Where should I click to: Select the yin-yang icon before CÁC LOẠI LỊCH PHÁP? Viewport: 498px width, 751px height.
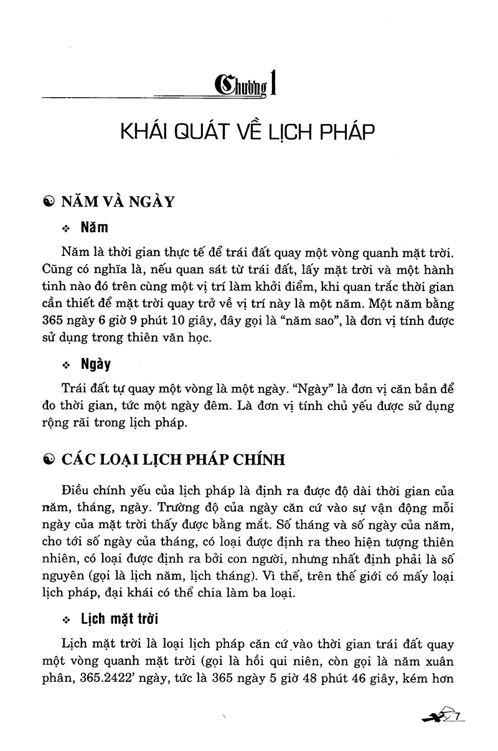click(48, 460)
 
